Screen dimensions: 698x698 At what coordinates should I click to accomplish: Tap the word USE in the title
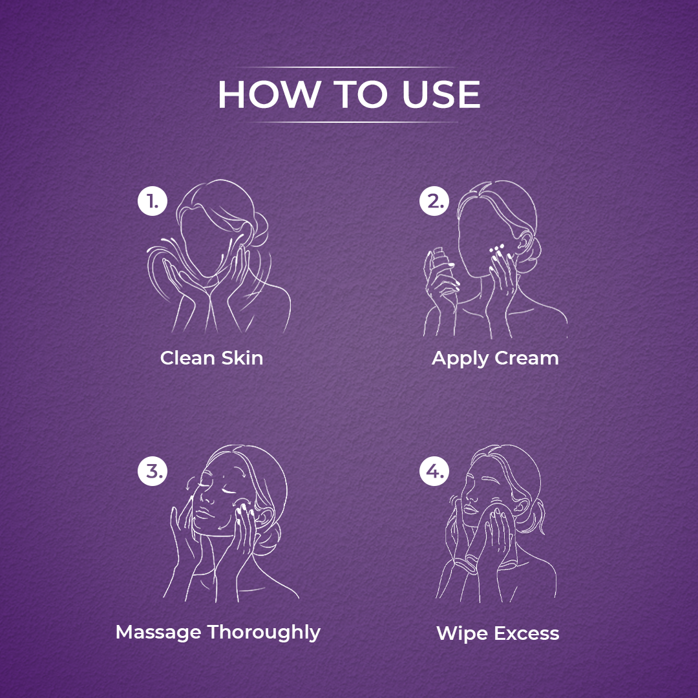441,94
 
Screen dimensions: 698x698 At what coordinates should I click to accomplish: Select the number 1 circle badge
153,201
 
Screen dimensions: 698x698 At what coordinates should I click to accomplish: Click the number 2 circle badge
434,201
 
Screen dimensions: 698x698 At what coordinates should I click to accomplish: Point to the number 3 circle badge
153,471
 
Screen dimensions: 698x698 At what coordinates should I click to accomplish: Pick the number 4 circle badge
434,471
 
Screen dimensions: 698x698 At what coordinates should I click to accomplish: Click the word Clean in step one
187,358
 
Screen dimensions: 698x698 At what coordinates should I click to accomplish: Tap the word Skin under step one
242,358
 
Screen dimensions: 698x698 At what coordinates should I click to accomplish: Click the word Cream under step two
527,358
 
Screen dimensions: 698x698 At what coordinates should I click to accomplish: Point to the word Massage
158,633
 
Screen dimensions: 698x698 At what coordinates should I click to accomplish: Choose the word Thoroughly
264,633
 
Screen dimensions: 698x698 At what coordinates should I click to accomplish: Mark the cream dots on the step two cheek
497,250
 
